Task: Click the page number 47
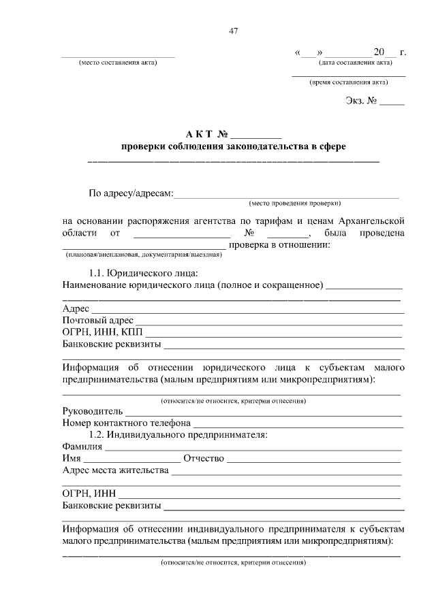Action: [234, 31]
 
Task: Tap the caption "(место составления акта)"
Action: [119, 63]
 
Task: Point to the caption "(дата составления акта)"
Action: [355, 63]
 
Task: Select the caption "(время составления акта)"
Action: [349, 82]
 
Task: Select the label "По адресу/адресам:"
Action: [131, 193]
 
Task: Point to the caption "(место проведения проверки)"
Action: [295, 203]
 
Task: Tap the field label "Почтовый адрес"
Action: [97, 320]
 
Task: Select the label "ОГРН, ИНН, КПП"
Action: [97, 331]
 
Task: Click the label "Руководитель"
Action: [93, 412]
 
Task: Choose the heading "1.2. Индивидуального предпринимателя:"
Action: [178, 434]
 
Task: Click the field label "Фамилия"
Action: [82, 447]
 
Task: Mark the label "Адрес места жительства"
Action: [115, 470]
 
